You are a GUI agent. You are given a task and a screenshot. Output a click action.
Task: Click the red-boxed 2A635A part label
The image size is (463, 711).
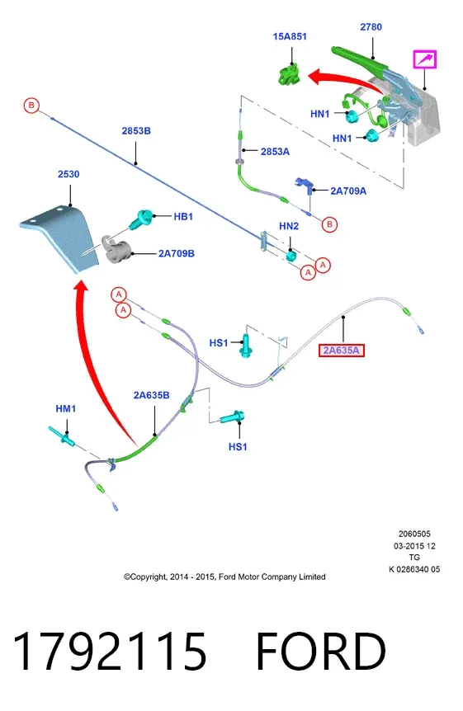pos(342,350)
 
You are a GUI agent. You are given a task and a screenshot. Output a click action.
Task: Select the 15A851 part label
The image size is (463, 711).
pos(290,36)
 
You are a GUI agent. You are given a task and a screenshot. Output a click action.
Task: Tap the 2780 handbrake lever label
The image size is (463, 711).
pos(371,27)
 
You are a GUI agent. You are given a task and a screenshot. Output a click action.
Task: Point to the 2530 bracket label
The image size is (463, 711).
pos(69,174)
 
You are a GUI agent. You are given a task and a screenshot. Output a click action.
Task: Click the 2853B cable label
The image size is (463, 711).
pos(136,130)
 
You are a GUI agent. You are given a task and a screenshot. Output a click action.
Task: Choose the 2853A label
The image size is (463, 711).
pos(275,152)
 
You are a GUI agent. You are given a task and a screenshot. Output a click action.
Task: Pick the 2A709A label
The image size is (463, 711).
pos(348,191)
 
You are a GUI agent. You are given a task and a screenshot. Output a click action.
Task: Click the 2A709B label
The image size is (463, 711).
pos(176,253)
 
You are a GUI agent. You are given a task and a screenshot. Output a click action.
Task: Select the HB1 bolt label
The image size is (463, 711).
pos(183,217)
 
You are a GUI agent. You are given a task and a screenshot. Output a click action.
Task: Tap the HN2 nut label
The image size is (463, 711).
pos(289,226)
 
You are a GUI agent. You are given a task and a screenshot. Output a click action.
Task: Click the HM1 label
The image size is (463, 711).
pos(66,408)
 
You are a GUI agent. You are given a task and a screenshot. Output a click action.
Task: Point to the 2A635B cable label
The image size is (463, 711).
pos(152,395)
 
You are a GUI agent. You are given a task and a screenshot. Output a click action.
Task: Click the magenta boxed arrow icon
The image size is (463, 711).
pos(424,59)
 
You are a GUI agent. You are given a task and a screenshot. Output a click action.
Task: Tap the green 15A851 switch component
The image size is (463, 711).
pos(289,75)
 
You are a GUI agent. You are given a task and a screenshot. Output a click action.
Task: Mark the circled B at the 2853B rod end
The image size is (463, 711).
pos(31,106)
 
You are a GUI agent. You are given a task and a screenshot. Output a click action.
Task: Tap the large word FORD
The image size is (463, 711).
pos(321,652)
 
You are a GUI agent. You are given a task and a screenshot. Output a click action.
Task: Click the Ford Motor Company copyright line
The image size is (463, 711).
pos(224,577)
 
